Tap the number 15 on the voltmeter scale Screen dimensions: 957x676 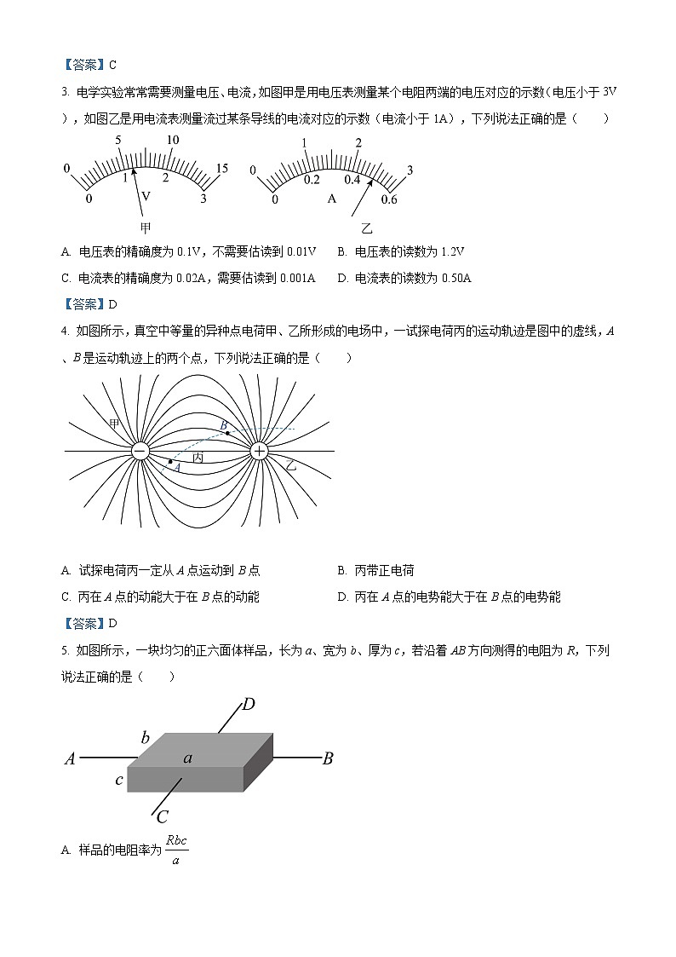point(221,169)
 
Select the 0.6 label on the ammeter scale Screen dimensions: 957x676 point(389,199)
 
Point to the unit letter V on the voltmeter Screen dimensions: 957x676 point(146,196)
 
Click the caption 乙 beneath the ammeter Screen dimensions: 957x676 point(367,228)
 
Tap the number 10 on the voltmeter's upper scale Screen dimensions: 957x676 point(173,140)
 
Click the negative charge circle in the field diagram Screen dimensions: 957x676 point(141,450)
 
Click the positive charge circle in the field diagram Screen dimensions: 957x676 point(259,450)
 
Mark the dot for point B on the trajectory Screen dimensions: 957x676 point(227,434)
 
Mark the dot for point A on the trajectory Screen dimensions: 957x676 point(170,462)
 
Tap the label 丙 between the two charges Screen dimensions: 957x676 point(198,458)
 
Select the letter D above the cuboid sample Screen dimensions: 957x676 point(249,704)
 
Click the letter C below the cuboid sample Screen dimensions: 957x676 point(162,816)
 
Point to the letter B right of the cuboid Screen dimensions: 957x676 point(327,758)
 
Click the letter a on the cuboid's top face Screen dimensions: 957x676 point(187,757)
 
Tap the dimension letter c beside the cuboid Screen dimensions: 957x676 point(119,780)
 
